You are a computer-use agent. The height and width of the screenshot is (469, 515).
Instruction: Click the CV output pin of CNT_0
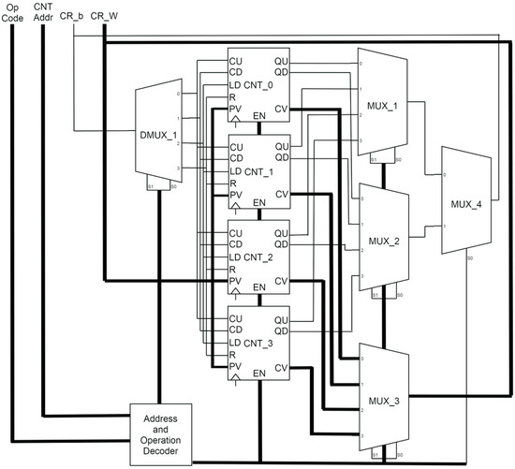281,110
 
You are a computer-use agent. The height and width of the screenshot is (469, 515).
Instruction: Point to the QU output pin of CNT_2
280,232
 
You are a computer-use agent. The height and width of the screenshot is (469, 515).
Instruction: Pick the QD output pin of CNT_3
280,330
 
